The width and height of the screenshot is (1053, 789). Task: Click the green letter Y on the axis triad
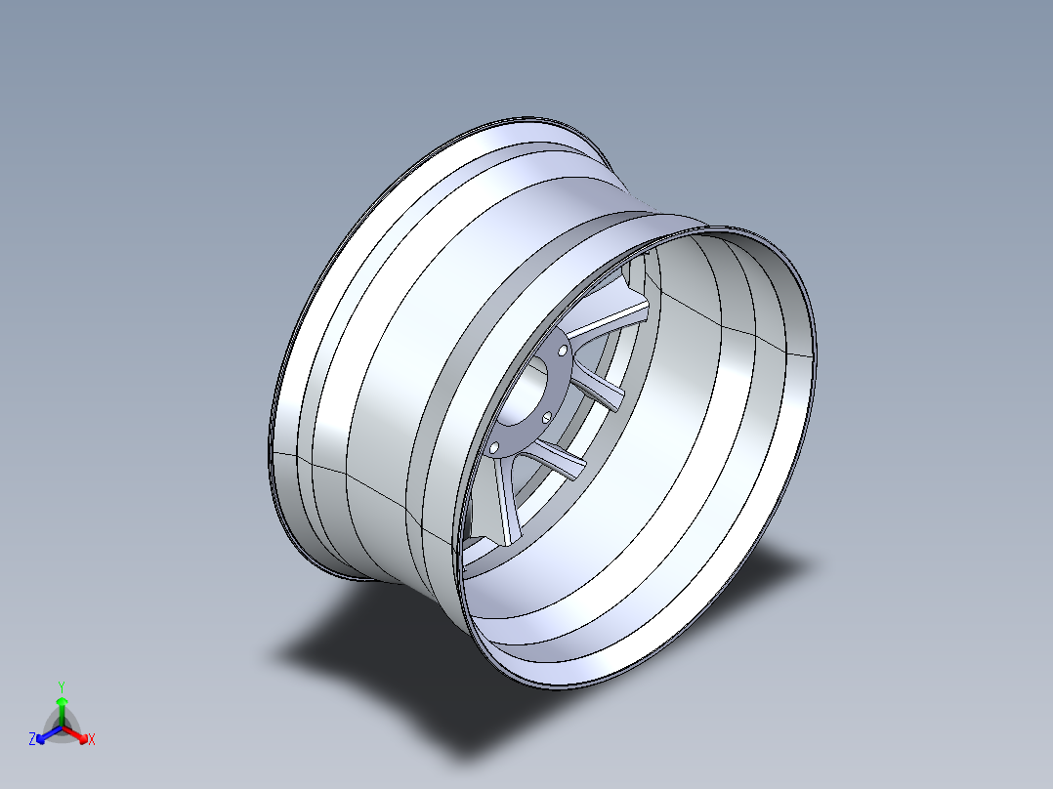62,685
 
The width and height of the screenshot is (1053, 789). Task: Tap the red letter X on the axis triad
91,740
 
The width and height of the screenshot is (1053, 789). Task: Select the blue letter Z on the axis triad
32,740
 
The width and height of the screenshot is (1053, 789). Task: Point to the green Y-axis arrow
62,705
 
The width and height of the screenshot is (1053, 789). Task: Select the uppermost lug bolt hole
563,349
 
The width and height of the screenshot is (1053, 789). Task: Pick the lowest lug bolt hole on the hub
494,447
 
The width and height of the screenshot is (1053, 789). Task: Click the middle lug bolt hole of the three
547,417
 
